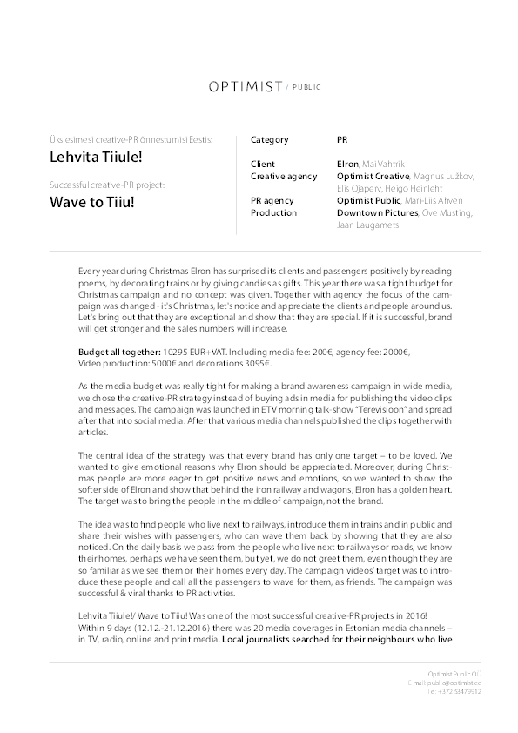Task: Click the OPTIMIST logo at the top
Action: point(245,87)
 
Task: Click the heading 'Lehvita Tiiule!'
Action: point(96,158)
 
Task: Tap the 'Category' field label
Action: point(269,139)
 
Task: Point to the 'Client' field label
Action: point(262,164)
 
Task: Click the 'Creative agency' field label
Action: point(284,176)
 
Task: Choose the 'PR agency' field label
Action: point(272,200)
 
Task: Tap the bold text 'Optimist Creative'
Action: point(373,176)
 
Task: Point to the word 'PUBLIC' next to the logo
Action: point(307,88)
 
